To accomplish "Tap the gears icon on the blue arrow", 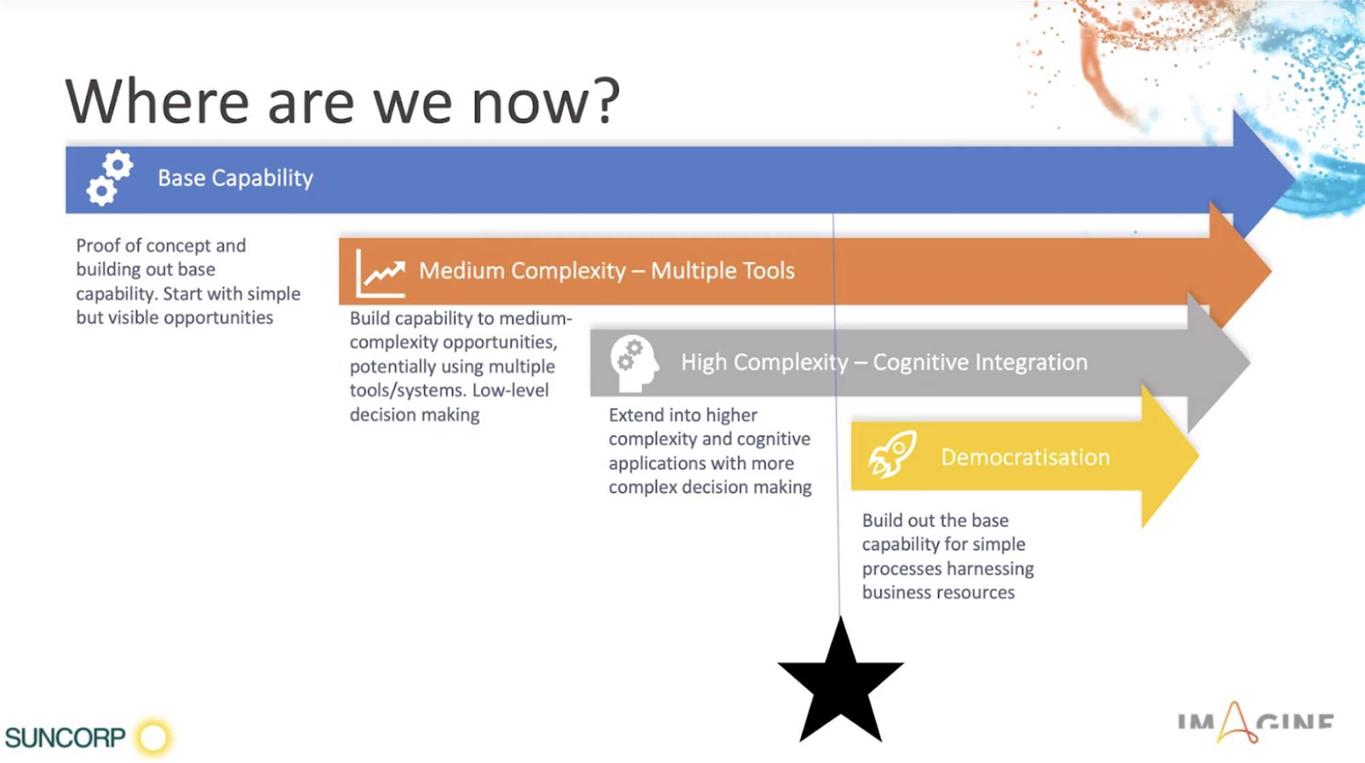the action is [x=110, y=177].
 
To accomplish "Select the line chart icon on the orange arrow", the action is [x=381, y=273].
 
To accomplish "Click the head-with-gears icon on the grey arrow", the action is [x=635, y=363].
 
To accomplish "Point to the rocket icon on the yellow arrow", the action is [x=892, y=454].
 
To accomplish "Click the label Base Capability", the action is [x=235, y=178].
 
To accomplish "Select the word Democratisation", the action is [x=1025, y=457].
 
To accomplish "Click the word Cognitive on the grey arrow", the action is [x=921, y=362].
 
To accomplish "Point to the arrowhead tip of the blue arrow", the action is [x=1295, y=179].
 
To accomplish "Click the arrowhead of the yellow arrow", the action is [x=1170, y=456].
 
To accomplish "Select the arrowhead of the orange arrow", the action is [x=1239, y=271].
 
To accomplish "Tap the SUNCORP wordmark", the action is [x=66, y=738].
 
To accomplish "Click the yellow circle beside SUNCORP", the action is [x=154, y=737].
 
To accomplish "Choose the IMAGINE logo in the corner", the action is [x=1256, y=722].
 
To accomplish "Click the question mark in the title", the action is [x=605, y=100].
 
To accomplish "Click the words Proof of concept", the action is [x=160, y=245].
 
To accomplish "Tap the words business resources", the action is [x=938, y=592].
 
